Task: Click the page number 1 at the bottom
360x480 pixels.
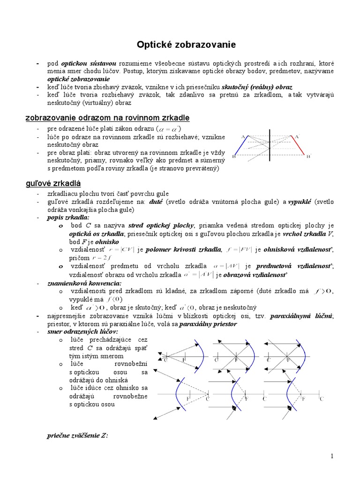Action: coord(331,456)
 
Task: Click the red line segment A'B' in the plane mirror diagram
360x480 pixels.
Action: coord(300,146)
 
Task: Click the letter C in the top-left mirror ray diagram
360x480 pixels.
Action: coord(165,360)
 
